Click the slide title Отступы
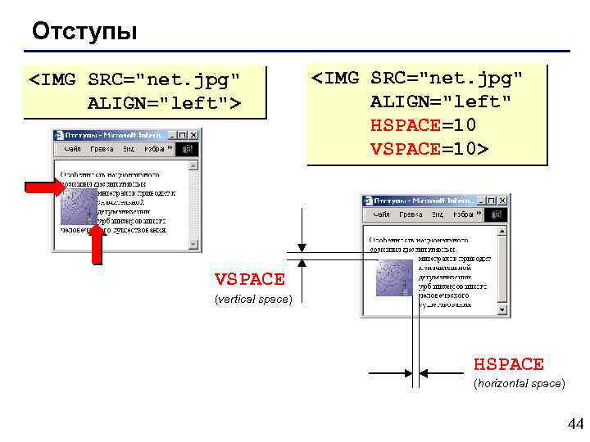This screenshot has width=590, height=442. click(84, 32)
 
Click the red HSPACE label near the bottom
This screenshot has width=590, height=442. click(508, 363)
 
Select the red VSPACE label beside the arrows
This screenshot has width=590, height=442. click(249, 279)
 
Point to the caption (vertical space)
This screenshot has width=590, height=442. click(252, 300)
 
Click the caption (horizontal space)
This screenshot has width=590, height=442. click(520, 383)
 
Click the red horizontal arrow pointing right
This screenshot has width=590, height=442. click(44, 189)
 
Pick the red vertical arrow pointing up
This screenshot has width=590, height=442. click(97, 245)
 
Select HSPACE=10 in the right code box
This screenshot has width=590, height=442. click(423, 125)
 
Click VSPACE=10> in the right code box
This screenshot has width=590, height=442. click(429, 149)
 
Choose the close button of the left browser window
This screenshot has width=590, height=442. click(194, 135)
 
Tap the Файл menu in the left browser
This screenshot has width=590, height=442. click(74, 150)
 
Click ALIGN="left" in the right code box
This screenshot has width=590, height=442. click(440, 101)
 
